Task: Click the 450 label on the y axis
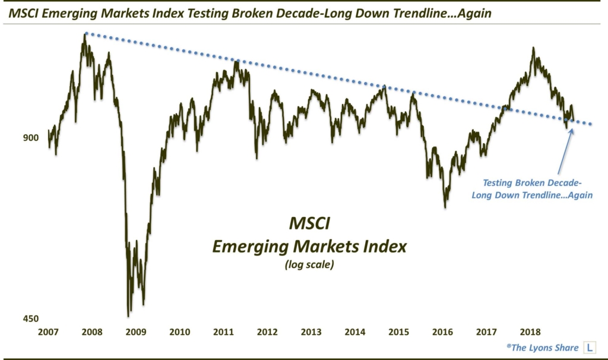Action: pyautogui.click(x=30, y=319)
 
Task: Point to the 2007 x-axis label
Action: pyautogui.click(x=49, y=332)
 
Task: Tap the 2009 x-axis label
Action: pyautogui.click(x=136, y=332)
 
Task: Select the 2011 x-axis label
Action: pyautogui.click(x=224, y=332)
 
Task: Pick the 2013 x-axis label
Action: pyautogui.click(x=311, y=332)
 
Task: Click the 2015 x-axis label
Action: pyautogui.click(x=399, y=332)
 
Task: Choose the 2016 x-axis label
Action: pyautogui.click(x=443, y=332)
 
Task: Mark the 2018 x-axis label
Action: pyautogui.click(x=530, y=332)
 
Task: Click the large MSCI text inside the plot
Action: pyautogui.click(x=309, y=225)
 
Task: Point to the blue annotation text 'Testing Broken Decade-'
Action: pyautogui.click(x=528, y=183)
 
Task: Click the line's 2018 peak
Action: pyautogui.click(x=533, y=48)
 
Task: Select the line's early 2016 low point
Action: pyautogui.click(x=445, y=207)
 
